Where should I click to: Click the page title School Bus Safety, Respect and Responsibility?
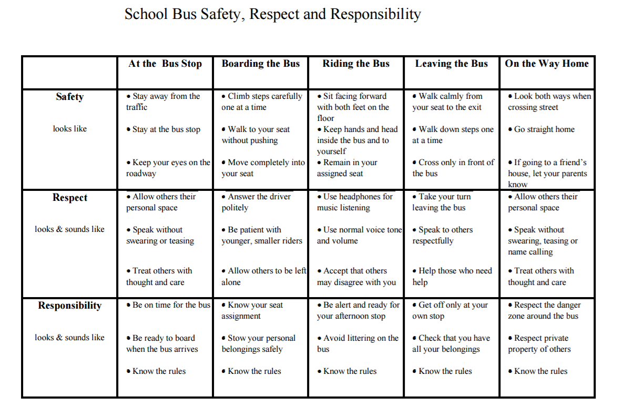coord(272,14)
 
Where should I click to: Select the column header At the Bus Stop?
coord(165,64)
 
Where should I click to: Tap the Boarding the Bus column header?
coord(260,64)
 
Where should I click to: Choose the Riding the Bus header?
coord(356,64)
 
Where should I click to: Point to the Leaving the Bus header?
coord(451,64)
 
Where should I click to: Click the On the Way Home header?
coord(547,64)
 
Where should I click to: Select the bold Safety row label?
coord(69,97)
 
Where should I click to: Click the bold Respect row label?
coord(69,198)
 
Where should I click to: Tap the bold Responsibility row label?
coord(69,306)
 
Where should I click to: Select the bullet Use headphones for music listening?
coord(355,202)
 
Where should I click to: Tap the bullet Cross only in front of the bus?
coord(453,168)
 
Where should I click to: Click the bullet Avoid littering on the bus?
coord(358,343)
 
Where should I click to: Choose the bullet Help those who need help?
coord(452,277)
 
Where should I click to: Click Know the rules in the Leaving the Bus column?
coord(445,371)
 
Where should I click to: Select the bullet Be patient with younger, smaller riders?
coord(262,235)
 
